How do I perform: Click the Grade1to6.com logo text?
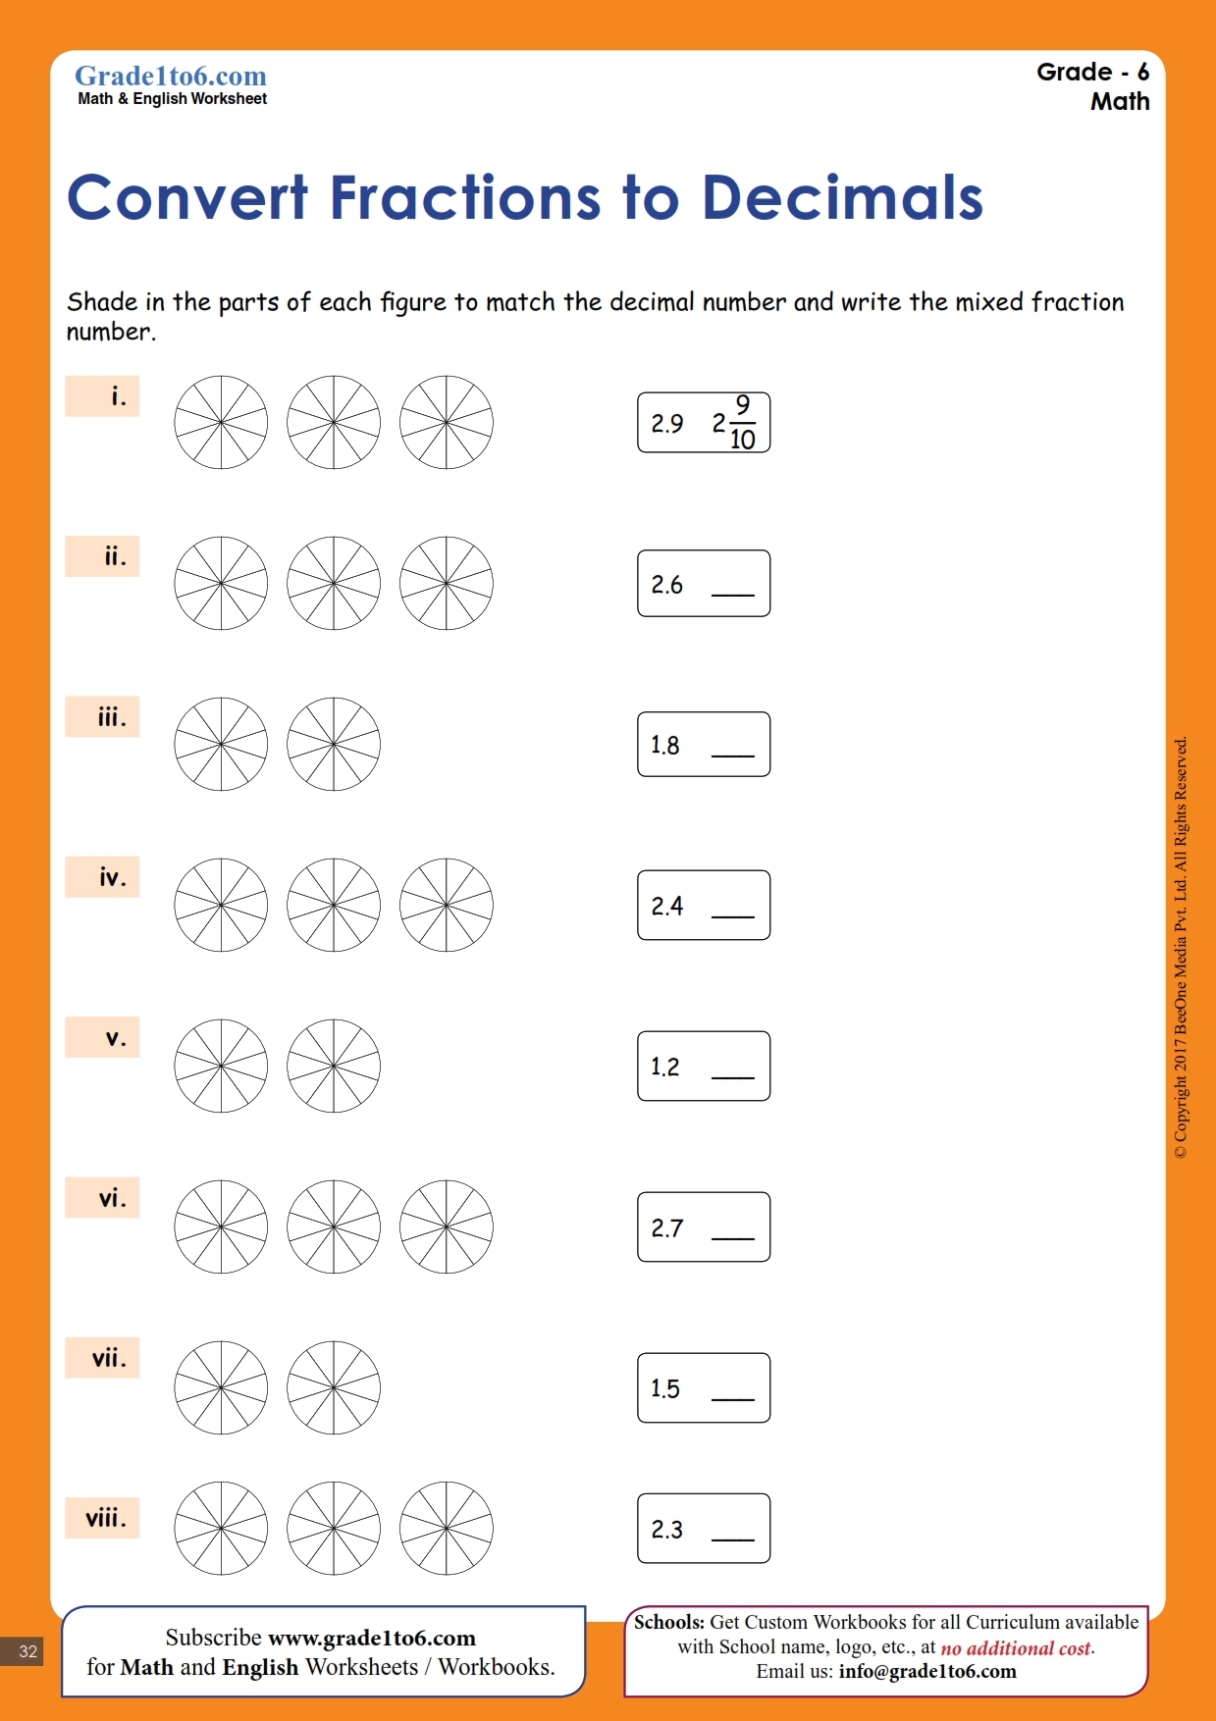pos(171,77)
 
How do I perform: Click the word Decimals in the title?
pos(842,198)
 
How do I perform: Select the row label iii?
pos(111,717)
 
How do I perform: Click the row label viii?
pos(105,1519)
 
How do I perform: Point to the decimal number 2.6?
pos(667,585)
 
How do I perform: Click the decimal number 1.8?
pos(665,746)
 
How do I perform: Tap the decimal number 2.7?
pos(667,1228)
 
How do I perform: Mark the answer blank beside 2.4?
pos(732,913)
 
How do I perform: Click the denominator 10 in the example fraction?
pos(743,441)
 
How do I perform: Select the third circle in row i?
pos(447,422)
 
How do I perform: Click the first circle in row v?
pos(221,1066)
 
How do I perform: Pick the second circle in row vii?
pos(334,1387)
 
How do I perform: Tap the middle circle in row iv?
pos(334,905)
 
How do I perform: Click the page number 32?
pos(27,1651)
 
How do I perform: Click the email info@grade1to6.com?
pos(927,1672)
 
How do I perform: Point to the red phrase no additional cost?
pos(1016,1648)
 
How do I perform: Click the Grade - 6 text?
pos(1092,73)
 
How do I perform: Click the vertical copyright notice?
pos(1181,947)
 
